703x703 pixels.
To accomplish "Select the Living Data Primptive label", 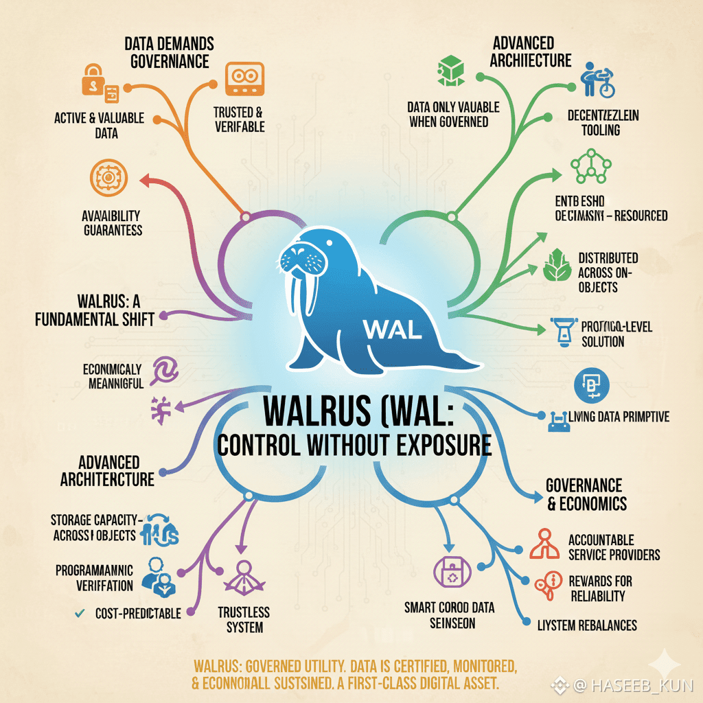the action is tap(619, 416).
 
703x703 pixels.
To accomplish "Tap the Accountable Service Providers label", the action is tap(614, 547).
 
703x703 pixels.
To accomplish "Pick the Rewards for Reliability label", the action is tap(600, 588).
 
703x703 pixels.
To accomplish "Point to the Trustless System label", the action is tap(243, 619).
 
